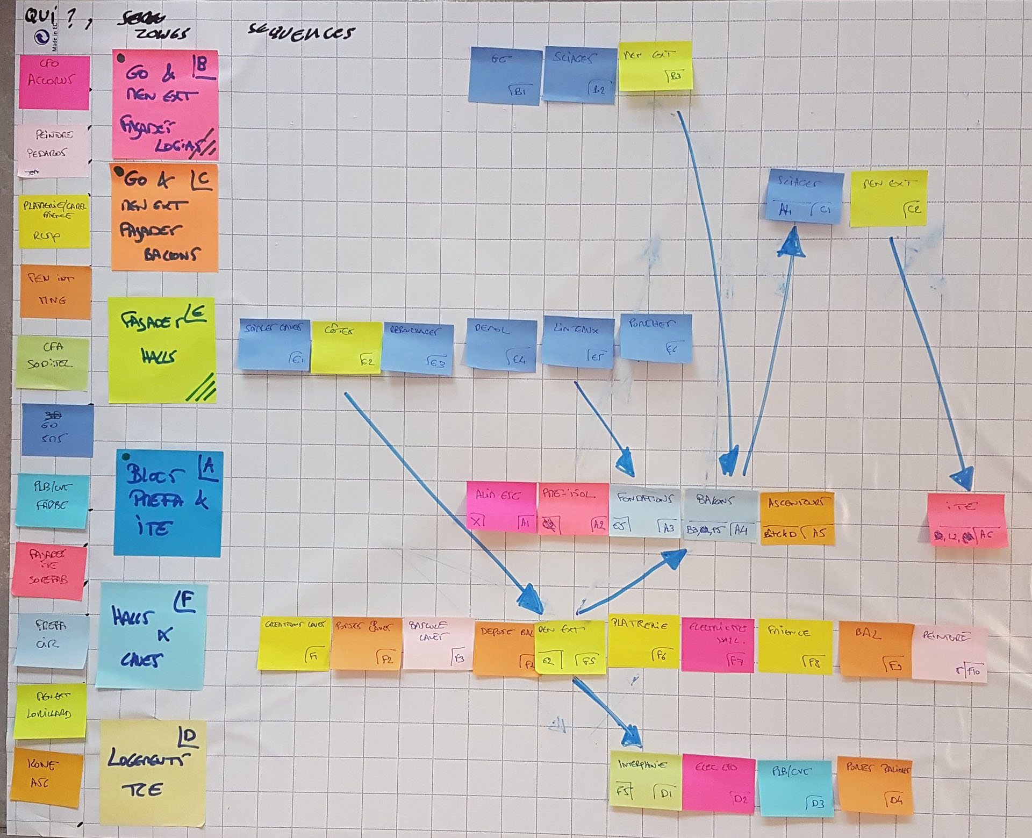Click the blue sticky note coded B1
click(x=506, y=74)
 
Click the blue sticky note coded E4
click(x=501, y=345)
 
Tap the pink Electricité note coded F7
click(x=718, y=645)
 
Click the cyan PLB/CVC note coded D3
click(x=795, y=786)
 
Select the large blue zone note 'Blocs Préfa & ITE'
click(x=168, y=503)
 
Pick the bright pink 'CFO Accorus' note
click(x=54, y=83)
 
